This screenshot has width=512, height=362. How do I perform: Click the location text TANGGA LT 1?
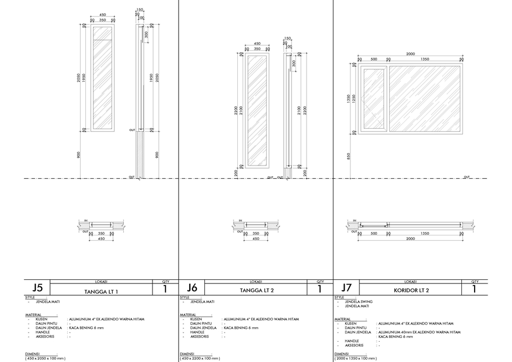(x=101, y=292)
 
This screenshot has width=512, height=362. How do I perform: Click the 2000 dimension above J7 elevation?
(x=410, y=54)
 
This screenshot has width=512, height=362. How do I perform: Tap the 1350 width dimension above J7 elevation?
(x=425, y=59)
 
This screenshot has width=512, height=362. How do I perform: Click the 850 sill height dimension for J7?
(x=348, y=155)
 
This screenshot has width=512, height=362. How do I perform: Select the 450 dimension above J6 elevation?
(x=257, y=44)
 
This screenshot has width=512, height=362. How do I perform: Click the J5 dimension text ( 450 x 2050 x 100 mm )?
(x=45, y=358)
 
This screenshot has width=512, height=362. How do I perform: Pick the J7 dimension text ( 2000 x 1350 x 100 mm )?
(x=356, y=358)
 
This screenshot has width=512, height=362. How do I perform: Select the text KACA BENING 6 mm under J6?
(x=241, y=328)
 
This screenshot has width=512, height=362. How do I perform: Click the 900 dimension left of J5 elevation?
(x=78, y=155)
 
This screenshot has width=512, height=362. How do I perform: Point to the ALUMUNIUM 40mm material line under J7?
(x=419, y=332)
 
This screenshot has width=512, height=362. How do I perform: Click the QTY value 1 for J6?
(x=320, y=289)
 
